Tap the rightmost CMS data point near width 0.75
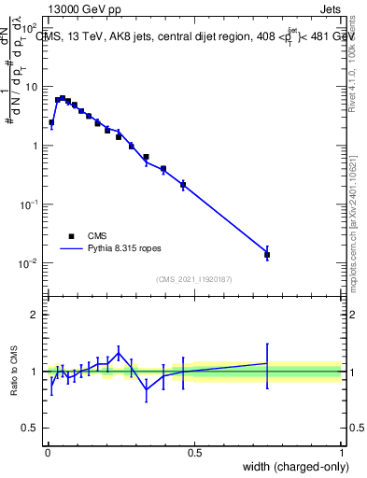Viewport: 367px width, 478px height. click(267, 254)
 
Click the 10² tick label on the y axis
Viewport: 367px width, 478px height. click(30, 29)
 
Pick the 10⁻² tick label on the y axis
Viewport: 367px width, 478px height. click(30, 263)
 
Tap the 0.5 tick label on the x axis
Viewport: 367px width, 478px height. click(194, 451)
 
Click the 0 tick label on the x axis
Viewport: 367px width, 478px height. click(47, 451)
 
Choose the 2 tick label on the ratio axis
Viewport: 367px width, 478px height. click(35, 315)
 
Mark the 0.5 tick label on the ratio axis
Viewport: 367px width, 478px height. click(31, 429)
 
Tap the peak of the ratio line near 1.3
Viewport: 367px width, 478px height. click(119, 352)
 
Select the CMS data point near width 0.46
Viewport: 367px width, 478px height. click(183, 185)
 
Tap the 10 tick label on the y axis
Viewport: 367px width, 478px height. click(33, 87)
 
